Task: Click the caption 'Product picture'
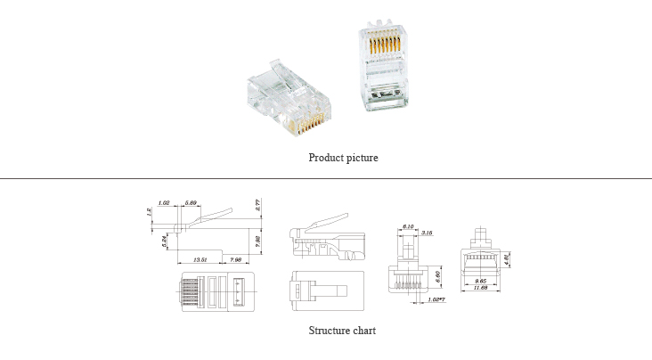click(x=343, y=158)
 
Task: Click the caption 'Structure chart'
click(x=342, y=331)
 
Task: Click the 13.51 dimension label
click(x=200, y=260)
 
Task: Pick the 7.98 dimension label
click(x=237, y=260)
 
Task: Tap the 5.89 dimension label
click(x=191, y=203)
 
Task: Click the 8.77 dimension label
click(x=257, y=205)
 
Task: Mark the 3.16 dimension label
click(x=427, y=233)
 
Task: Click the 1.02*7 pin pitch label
click(x=436, y=299)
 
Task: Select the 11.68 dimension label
click(x=480, y=289)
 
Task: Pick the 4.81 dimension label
click(x=507, y=259)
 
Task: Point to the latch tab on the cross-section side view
click(x=325, y=219)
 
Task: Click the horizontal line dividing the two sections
click(x=326, y=179)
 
